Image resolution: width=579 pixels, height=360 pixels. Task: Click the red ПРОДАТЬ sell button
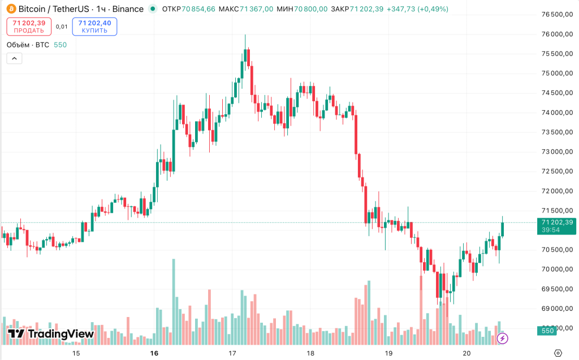point(29,27)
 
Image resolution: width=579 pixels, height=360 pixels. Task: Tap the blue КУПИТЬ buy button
point(94,27)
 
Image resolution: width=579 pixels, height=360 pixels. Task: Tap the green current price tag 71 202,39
point(556,225)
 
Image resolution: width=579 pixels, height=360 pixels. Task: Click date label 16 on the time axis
point(154,353)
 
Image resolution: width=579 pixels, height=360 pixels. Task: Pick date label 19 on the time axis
point(388,353)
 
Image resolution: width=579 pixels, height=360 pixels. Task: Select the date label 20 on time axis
point(466,353)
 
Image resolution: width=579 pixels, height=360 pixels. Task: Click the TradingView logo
point(50,334)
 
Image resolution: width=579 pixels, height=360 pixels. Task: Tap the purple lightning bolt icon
point(502,339)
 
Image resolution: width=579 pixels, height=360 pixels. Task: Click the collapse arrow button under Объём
point(14,58)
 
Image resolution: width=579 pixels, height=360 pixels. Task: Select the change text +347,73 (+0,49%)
point(417,9)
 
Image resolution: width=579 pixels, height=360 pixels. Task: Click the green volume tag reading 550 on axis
point(547,331)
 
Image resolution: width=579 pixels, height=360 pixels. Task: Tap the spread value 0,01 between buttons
point(62,27)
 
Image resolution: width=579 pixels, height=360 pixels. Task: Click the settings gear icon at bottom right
point(558,353)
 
